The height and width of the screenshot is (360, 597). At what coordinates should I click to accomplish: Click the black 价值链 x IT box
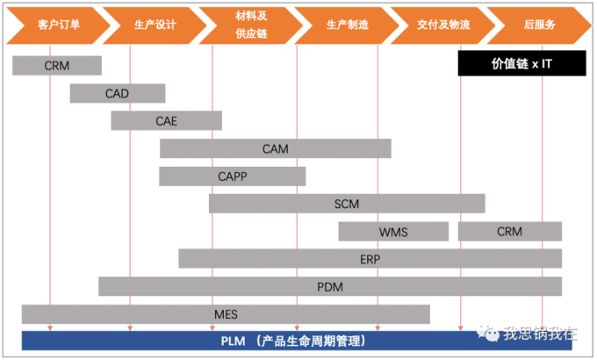coord(509,64)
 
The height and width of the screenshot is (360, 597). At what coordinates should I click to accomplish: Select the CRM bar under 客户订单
coord(57,65)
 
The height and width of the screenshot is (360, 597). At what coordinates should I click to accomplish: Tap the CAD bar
coord(118,93)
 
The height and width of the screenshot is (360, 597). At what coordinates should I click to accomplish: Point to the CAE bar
coord(167,120)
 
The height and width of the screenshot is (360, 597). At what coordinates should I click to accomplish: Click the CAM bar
coord(275,148)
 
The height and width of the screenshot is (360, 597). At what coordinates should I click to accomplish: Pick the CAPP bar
coord(233,176)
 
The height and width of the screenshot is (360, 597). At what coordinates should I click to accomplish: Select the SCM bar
coord(347,204)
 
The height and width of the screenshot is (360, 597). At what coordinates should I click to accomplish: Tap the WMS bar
coord(393,232)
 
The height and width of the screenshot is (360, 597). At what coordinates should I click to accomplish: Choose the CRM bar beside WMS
coord(509,232)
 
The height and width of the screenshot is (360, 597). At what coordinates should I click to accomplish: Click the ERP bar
coord(370,259)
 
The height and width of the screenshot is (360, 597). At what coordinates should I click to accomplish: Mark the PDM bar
coord(330,286)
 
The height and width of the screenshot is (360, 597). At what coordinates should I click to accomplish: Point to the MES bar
coord(226,313)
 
